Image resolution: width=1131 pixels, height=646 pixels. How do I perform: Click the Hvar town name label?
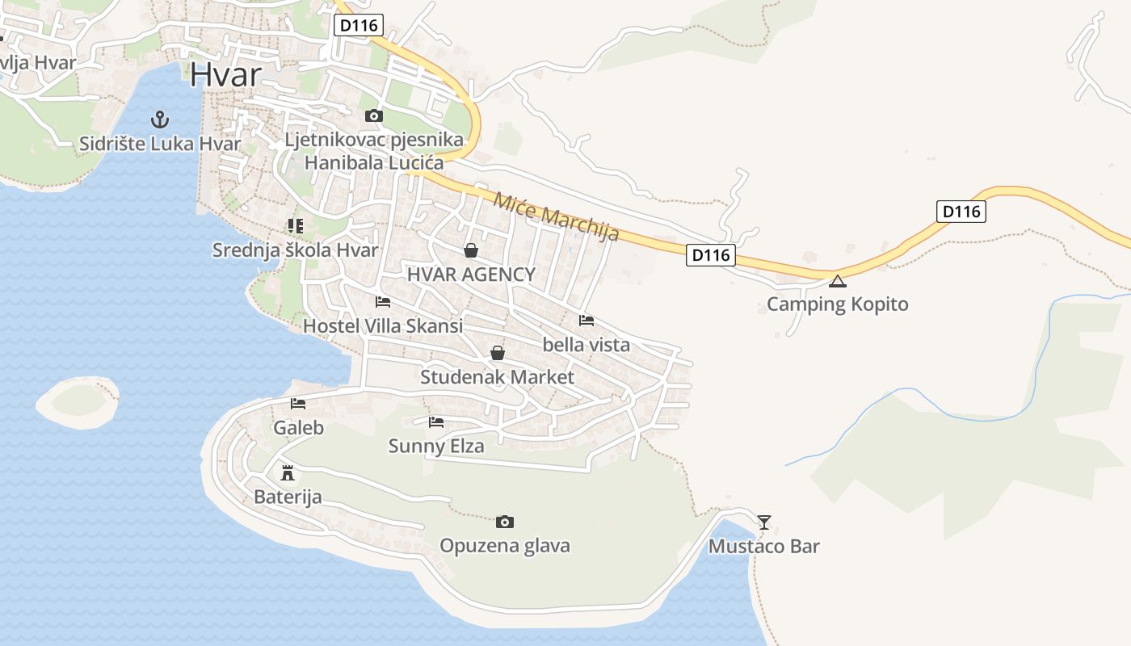tap(226, 75)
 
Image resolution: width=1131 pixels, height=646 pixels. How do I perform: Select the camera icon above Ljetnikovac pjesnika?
tap(373, 116)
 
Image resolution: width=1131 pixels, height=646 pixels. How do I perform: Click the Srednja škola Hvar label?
tap(295, 250)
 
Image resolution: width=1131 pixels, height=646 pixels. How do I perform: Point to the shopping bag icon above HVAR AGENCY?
tap(471, 251)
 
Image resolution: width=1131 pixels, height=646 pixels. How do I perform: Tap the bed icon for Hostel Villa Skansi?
tap(383, 303)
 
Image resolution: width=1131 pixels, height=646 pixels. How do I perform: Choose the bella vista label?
tap(586, 345)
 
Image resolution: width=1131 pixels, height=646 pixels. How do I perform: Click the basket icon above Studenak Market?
tap(498, 354)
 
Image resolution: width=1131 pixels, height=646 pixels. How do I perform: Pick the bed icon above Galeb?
tap(298, 404)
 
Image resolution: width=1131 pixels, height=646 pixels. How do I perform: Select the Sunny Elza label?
tap(436, 446)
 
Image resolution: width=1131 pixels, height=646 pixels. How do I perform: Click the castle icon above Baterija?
tap(287, 472)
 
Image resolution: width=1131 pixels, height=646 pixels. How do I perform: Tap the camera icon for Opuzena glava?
tap(505, 522)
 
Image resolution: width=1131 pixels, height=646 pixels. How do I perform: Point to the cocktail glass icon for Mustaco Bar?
tap(764, 522)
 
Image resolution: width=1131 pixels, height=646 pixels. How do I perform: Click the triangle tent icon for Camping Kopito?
tap(838, 282)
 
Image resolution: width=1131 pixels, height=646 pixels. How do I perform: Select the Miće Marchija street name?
tap(556, 216)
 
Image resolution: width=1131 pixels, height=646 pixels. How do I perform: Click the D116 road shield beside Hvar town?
tap(359, 25)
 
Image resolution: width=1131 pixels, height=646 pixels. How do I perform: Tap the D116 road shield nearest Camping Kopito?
tap(712, 255)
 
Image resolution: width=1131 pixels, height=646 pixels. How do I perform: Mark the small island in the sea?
tap(78, 401)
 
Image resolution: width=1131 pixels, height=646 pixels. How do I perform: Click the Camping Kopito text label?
tap(837, 304)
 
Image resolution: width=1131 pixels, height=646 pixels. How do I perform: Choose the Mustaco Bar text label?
tap(763, 547)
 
